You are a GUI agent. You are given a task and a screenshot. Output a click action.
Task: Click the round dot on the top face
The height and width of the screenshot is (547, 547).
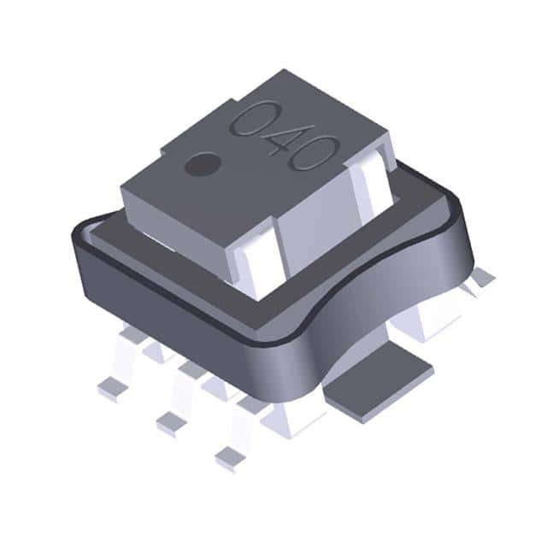click(202, 163)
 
